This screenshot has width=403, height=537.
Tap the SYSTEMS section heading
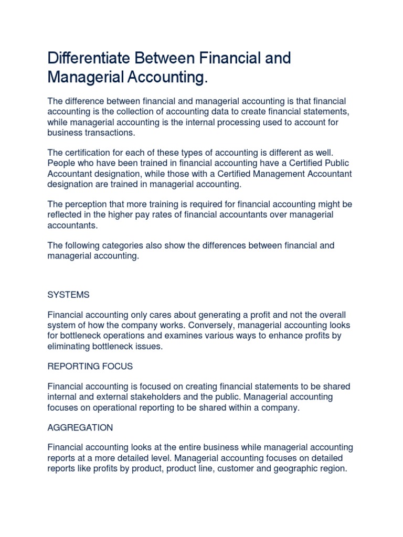[x=68, y=295]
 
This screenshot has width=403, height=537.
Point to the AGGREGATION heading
[x=80, y=427]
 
